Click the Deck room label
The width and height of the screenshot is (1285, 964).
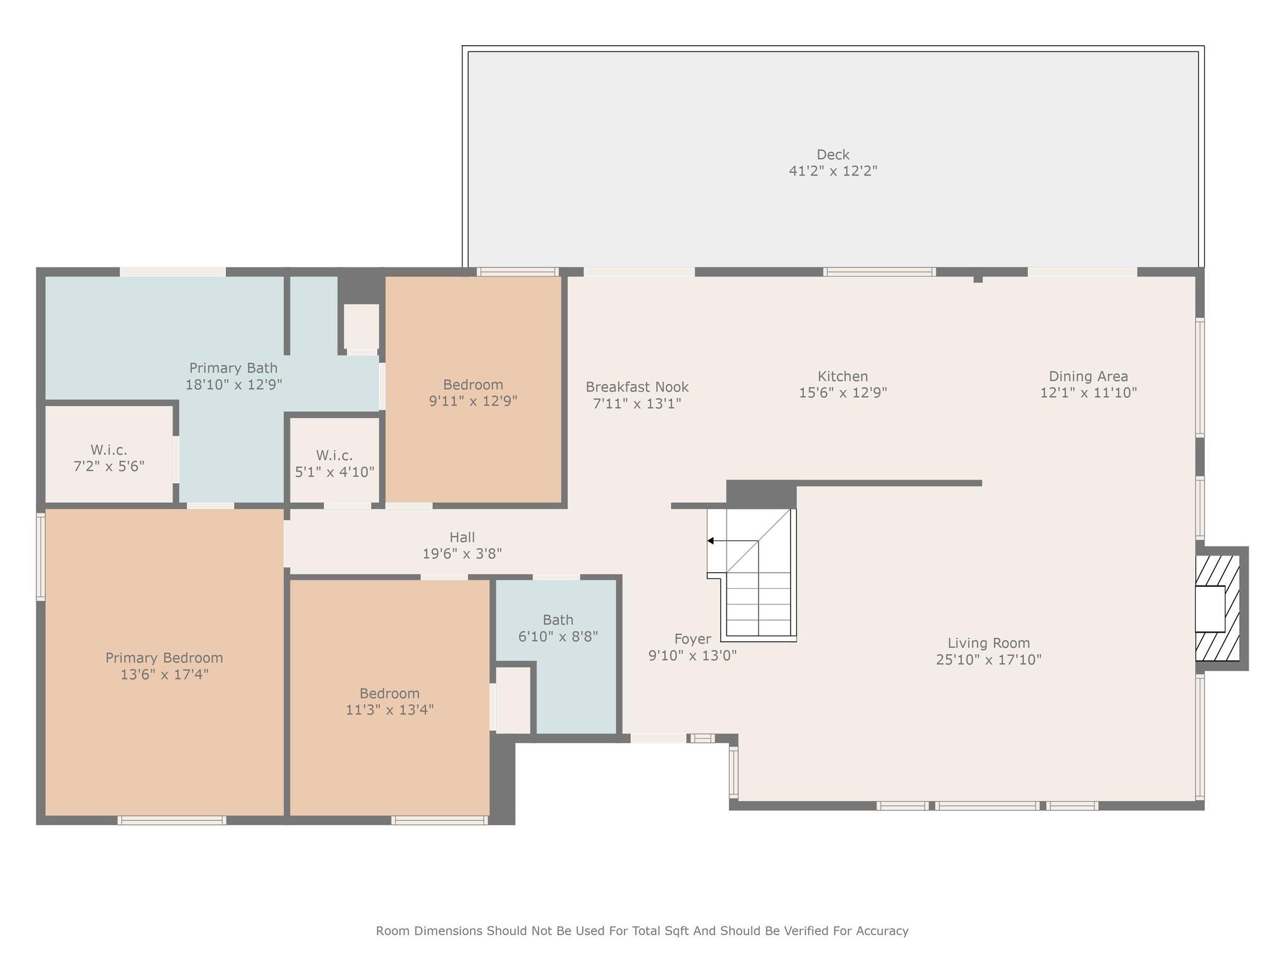point(833,154)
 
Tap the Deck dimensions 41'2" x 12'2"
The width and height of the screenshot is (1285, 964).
point(833,171)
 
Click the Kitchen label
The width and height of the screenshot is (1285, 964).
point(843,377)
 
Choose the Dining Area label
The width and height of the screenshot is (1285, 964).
point(1089,377)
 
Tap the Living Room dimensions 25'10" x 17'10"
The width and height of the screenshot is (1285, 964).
point(989,660)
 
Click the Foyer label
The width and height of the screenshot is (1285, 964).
point(693,639)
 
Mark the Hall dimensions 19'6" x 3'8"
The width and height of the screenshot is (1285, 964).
point(462,554)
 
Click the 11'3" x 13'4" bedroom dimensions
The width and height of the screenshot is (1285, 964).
point(390,710)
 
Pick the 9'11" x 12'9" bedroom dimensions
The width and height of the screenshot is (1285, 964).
point(473,400)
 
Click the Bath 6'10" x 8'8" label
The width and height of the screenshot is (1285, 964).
point(558,628)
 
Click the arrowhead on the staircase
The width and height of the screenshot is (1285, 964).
point(710,540)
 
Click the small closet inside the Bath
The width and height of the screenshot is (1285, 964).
point(513,700)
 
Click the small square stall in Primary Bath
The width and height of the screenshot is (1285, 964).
point(361,326)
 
